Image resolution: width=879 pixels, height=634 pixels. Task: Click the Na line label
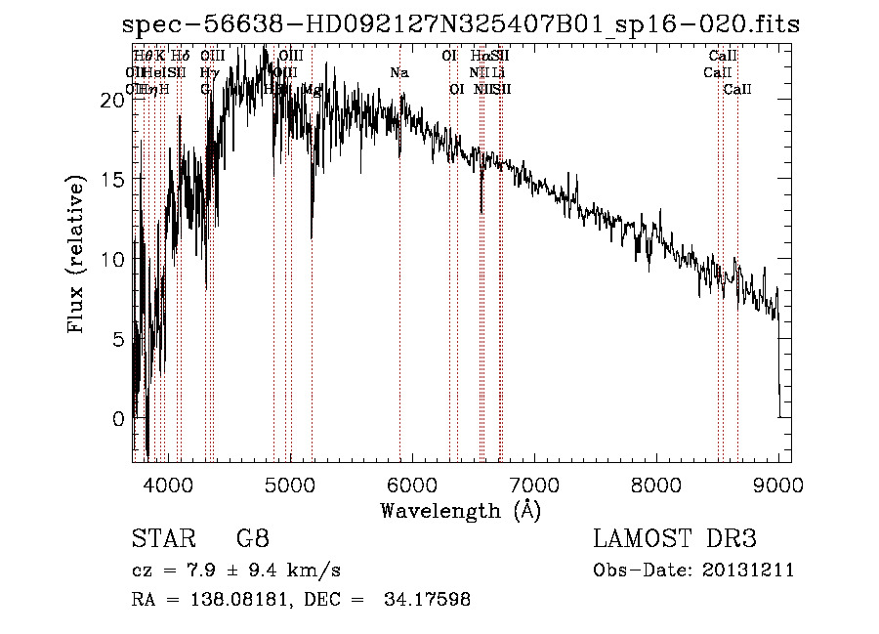398,73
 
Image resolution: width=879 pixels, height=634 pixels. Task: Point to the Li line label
498,73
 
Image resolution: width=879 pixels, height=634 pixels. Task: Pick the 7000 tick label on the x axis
534,483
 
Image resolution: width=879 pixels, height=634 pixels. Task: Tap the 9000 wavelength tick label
778,483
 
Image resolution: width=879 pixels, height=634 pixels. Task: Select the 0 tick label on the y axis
119,419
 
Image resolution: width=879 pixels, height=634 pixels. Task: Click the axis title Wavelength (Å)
460,510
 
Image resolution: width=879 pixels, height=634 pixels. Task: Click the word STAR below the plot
158,540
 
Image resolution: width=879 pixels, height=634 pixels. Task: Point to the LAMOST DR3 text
675,540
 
